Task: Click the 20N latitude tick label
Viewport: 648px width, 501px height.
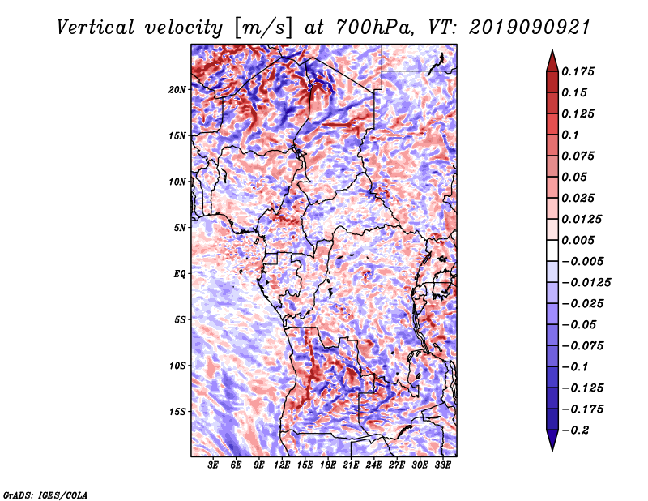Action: tap(177, 90)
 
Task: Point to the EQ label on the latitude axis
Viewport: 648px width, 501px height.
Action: tap(179, 274)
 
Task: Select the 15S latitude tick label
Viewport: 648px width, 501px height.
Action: tap(177, 412)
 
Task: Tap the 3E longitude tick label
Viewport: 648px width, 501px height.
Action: tap(213, 465)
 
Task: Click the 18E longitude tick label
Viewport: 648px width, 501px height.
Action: tap(328, 465)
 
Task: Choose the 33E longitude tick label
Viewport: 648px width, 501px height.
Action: tap(442, 465)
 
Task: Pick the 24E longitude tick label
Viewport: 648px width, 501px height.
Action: tap(373, 465)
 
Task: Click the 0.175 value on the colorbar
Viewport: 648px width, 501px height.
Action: tap(578, 71)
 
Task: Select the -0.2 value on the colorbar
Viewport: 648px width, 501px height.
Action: tap(575, 430)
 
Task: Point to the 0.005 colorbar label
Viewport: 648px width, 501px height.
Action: tap(578, 240)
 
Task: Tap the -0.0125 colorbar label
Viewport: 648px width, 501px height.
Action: tap(586, 283)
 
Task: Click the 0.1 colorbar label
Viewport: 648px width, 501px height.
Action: tap(570, 135)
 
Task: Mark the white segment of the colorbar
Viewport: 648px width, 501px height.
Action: tap(552, 250)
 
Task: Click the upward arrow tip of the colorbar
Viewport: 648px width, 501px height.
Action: tap(552, 50)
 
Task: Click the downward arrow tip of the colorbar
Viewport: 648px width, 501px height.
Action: tap(552, 450)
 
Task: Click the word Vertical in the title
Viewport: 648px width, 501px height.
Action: tap(95, 28)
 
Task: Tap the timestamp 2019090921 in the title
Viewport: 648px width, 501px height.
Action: tap(530, 28)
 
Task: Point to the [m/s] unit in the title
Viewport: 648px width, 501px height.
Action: tap(263, 28)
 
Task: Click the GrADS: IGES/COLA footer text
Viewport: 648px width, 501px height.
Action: tap(45, 495)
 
